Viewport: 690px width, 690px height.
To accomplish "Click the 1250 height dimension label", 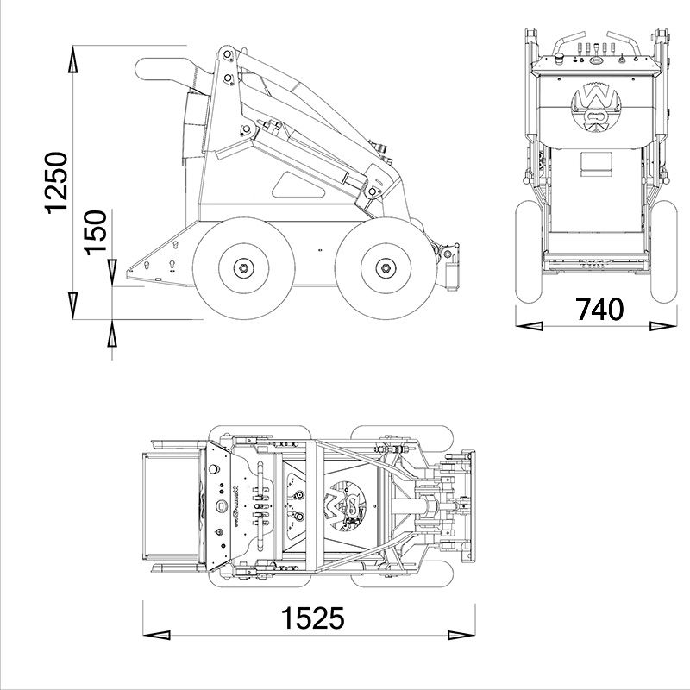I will coord(55,183).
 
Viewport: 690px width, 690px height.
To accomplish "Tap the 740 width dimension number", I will coord(599,309).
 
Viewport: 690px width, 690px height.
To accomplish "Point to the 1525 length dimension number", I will coord(311,618).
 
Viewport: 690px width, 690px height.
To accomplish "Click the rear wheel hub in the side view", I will coord(243,268).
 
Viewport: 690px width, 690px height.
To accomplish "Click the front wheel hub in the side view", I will coord(384,268).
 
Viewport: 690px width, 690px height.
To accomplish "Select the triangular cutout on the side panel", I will coord(292,182).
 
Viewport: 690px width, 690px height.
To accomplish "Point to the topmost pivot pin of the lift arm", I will coord(227,57).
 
